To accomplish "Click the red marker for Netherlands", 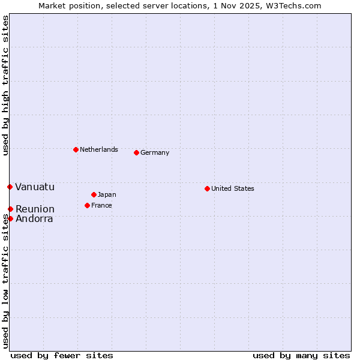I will click(76, 149).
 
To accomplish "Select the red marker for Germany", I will click(136, 152).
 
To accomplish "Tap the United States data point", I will click(207, 188).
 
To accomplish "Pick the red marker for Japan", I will click(94, 194).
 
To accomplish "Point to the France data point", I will click(87, 205).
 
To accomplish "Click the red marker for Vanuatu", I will click(10, 187).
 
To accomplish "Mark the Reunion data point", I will click(10, 209).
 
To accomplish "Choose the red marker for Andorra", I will click(10, 218).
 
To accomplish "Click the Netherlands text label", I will click(99, 149).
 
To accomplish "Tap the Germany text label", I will click(155, 152).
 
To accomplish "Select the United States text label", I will click(233, 188).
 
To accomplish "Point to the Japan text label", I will click(107, 194).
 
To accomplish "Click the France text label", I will click(101, 205).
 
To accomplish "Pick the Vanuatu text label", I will click(35, 187).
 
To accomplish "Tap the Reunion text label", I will click(35, 209).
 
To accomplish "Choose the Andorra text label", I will click(34, 218).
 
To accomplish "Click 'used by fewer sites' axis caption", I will click(62, 355).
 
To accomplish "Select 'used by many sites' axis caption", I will click(301, 355).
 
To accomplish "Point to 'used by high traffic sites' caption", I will click(5, 86).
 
